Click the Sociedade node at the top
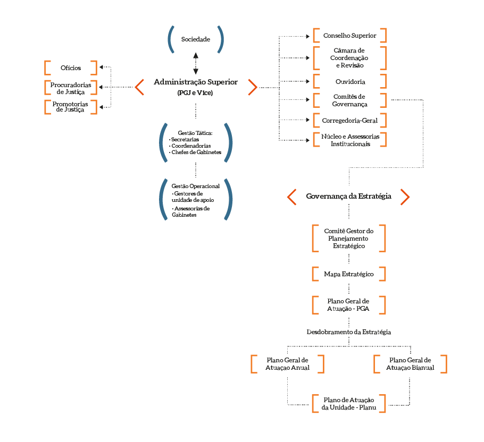pos(195,39)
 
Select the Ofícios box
pos(71,68)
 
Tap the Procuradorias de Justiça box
pos(71,88)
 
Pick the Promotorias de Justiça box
pos(71,106)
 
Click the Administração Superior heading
pos(196,82)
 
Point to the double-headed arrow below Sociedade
pos(196,63)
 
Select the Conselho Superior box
pos(349,36)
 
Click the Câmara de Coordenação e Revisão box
pos(349,58)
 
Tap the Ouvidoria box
pos(349,82)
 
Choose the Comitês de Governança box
pos(349,100)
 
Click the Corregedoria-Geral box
pos(349,121)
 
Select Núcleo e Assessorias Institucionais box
pos(349,140)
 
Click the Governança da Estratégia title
pos(348,197)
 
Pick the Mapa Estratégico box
pos(349,274)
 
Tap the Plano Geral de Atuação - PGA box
pos(349,305)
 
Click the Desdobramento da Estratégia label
pos(349,331)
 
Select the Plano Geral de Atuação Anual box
pos(287,364)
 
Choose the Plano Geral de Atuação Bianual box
pos(410,364)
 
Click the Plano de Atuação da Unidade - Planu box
pos(349,403)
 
